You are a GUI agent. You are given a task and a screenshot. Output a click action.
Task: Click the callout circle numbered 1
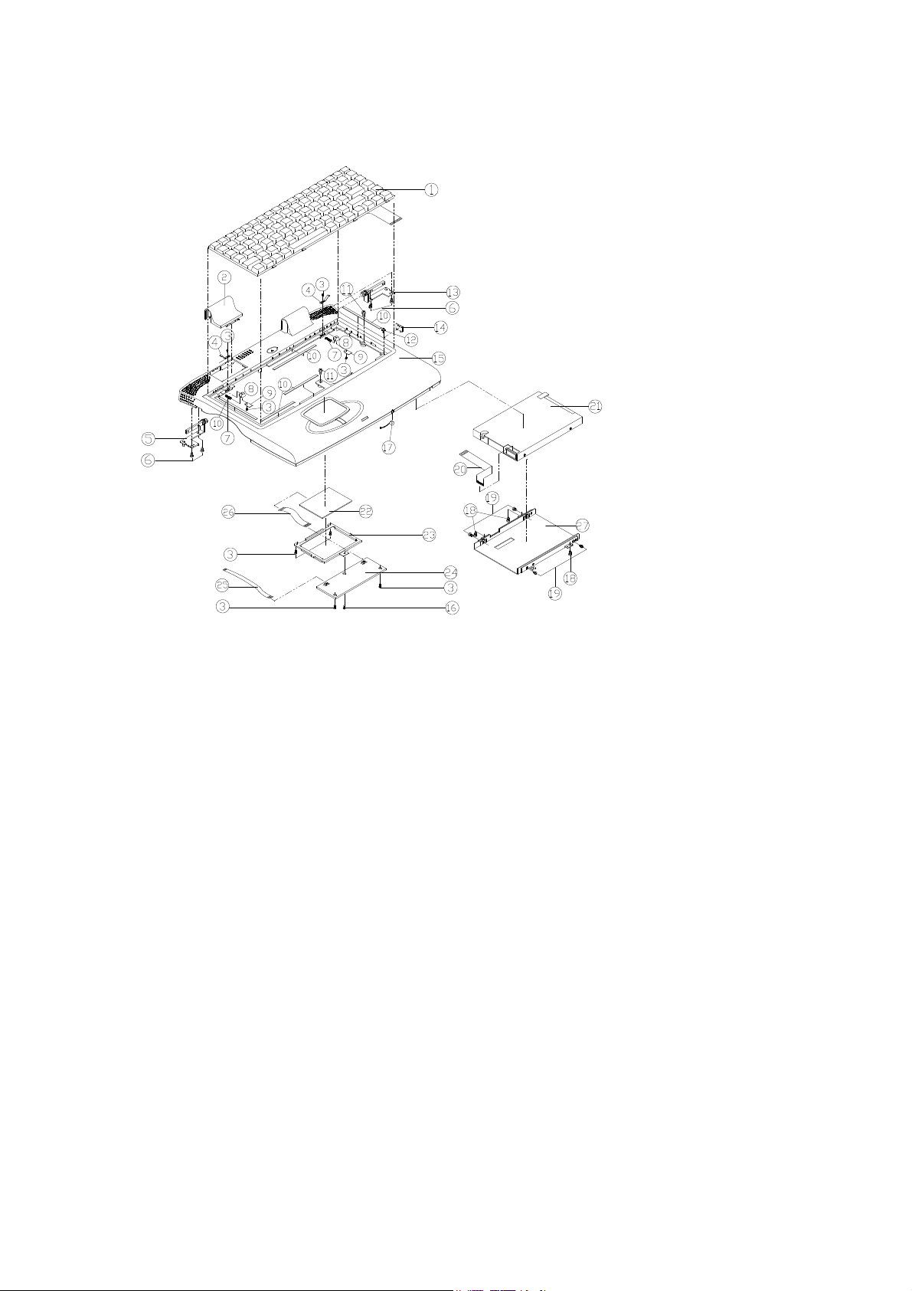(431, 189)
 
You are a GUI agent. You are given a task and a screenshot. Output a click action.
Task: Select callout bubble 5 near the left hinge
(149, 438)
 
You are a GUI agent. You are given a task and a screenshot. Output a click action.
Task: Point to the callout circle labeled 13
(453, 291)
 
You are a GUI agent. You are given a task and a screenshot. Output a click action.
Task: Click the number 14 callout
(440, 326)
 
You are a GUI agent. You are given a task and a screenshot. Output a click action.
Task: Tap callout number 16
(452, 608)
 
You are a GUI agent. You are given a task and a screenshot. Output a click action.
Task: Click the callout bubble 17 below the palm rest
(388, 447)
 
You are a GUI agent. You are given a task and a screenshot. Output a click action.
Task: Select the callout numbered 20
(460, 470)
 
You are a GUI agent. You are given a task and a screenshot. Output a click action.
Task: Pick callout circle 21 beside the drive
(595, 407)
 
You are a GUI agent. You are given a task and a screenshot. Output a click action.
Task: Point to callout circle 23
(429, 535)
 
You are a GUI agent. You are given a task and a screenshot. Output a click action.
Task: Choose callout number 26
(228, 513)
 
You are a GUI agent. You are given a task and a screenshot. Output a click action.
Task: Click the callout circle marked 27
(583, 525)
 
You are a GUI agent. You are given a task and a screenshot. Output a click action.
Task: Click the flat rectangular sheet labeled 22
(327, 501)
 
